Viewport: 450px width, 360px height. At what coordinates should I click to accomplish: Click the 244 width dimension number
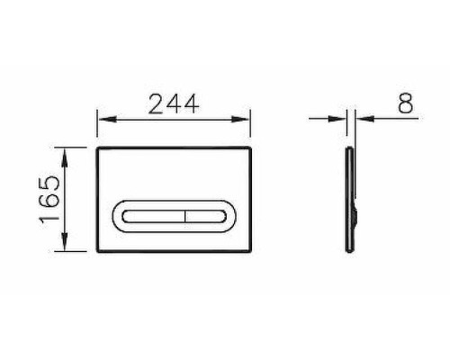[x=174, y=104]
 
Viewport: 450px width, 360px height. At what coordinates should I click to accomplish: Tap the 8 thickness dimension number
[x=406, y=103]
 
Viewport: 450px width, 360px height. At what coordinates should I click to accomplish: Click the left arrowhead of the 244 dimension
[x=107, y=120]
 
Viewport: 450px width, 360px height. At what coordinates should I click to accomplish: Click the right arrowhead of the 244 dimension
[x=240, y=120]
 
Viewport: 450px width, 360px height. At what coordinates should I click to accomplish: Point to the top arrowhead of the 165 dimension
[x=65, y=157]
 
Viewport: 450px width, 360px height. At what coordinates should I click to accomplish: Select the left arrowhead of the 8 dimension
[x=337, y=119]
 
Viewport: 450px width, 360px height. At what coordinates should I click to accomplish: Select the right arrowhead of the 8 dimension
[x=364, y=119]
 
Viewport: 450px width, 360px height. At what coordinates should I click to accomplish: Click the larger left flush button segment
[x=153, y=216]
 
